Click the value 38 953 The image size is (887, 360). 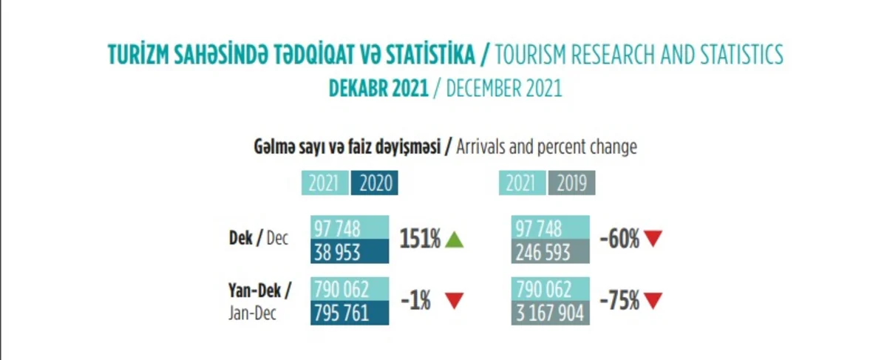(337, 252)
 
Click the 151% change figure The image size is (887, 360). (421, 240)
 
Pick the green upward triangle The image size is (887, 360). (455, 240)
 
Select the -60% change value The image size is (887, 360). (619, 240)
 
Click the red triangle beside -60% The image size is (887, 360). (653, 240)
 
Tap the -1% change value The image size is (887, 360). (415, 301)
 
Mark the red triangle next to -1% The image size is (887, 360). (455, 301)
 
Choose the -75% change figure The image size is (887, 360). (619, 301)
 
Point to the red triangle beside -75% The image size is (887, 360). (653, 301)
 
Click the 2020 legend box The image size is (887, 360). (375, 183)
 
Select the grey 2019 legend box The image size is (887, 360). (571, 183)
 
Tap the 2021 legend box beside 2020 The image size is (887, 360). (324, 183)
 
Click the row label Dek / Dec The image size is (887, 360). (259, 240)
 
